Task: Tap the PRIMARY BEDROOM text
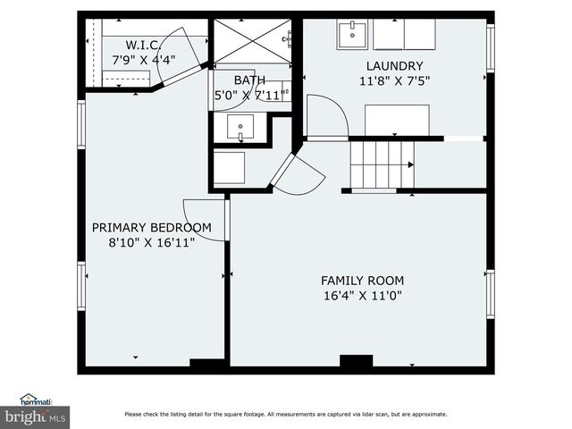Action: (152, 228)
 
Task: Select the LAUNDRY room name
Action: (394, 66)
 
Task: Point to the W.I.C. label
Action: (143, 45)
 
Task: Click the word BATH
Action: (249, 80)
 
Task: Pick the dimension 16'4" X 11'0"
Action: (362, 296)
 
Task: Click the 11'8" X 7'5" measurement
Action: (394, 81)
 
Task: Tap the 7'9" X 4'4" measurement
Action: (143, 60)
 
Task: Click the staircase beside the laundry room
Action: (382, 164)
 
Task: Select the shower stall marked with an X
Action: (251, 40)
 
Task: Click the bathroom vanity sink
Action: (240, 128)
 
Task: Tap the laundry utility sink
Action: (353, 34)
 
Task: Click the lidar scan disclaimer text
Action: (286, 414)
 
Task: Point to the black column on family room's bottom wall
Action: (356, 361)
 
